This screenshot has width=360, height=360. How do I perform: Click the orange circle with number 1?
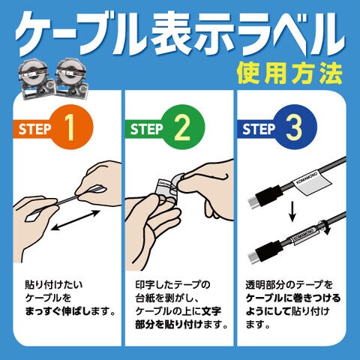[70, 127]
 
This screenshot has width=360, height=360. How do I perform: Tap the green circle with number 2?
[182, 127]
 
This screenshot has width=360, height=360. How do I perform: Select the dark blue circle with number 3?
[295, 127]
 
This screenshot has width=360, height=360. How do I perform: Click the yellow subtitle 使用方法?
[289, 73]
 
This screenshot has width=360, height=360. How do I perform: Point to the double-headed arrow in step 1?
[76, 220]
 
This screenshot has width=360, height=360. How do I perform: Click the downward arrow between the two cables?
[292, 213]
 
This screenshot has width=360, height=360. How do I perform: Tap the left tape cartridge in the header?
[37, 79]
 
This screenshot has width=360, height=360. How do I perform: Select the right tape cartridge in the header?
[72, 79]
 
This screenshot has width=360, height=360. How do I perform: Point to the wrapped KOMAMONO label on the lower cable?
[303, 235]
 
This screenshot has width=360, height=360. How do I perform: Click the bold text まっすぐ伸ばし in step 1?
[55, 311]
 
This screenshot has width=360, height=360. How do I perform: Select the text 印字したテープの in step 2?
[172, 284]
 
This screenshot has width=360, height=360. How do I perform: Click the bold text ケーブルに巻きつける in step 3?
[293, 298]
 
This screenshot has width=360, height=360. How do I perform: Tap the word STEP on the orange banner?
[34, 129]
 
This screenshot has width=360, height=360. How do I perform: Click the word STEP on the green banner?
[146, 129]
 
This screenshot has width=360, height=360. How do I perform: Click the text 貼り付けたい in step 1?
[53, 284]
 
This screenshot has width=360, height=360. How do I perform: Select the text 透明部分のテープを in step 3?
[289, 284]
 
